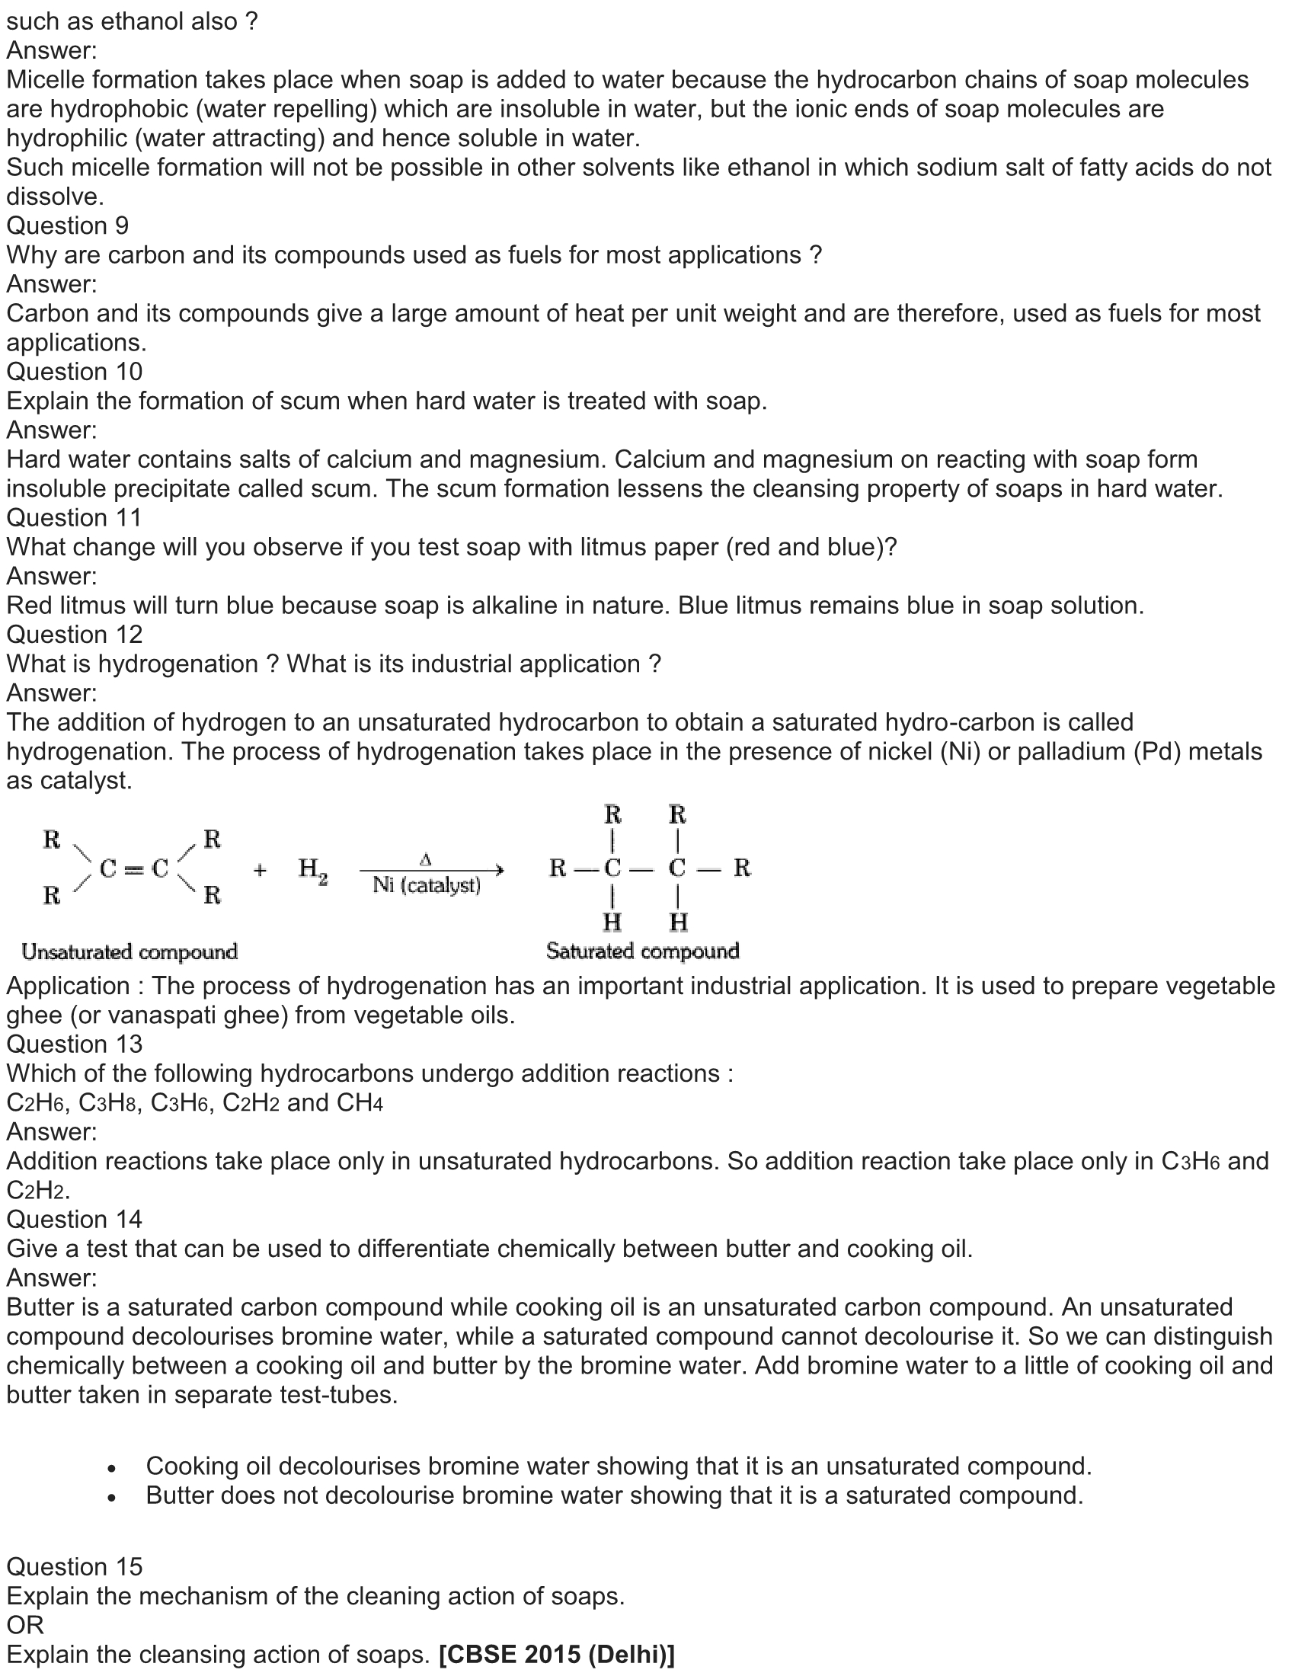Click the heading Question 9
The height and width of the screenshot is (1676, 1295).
[68, 225]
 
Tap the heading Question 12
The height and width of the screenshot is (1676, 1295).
[75, 635]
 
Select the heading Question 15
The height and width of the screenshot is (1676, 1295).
[75, 1566]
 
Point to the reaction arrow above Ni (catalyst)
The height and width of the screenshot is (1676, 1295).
[432, 870]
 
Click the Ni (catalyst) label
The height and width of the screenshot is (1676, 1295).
[427, 885]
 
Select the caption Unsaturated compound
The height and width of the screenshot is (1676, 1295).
[129, 952]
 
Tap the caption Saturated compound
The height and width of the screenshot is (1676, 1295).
[642, 952]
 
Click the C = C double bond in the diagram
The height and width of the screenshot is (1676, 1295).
[134, 868]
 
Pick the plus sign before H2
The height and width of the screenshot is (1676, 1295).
[260, 870]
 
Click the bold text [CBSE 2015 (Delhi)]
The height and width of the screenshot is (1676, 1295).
[557, 1655]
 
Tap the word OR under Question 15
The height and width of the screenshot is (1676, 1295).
[25, 1625]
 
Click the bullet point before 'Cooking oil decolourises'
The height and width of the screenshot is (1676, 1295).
[112, 1469]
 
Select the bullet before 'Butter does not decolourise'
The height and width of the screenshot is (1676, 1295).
[112, 1498]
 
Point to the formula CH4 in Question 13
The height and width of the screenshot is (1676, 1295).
[359, 1103]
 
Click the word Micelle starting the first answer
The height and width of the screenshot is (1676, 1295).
[50, 80]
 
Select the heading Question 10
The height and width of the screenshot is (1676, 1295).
[75, 372]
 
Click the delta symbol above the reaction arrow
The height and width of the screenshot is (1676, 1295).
[426, 859]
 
